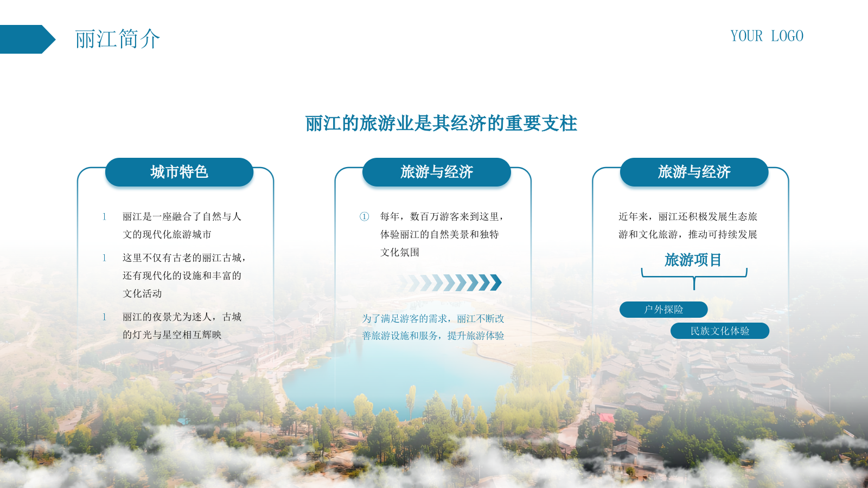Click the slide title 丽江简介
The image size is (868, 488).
(117, 39)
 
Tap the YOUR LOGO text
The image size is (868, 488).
(767, 36)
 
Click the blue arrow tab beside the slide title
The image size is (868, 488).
(27, 39)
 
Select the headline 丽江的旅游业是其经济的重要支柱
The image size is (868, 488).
(441, 124)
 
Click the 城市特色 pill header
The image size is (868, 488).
(179, 172)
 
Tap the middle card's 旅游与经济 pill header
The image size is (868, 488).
(436, 172)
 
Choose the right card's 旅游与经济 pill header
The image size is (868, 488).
(694, 172)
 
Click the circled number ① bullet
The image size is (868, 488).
(364, 216)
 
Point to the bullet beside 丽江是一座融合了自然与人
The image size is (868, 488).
(104, 216)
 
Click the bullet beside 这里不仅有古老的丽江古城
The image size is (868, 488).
(104, 258)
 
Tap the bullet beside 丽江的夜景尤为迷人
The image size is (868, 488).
(104, 317)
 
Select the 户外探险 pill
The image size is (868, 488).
(663, 310)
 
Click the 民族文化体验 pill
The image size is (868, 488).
(719, 331)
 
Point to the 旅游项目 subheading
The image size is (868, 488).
(693, 260)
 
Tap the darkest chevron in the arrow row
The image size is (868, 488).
(496, 282)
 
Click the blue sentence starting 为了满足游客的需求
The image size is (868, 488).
(433, 328)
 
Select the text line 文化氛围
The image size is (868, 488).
(399, 253)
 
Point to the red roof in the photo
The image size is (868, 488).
(607, 418)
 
